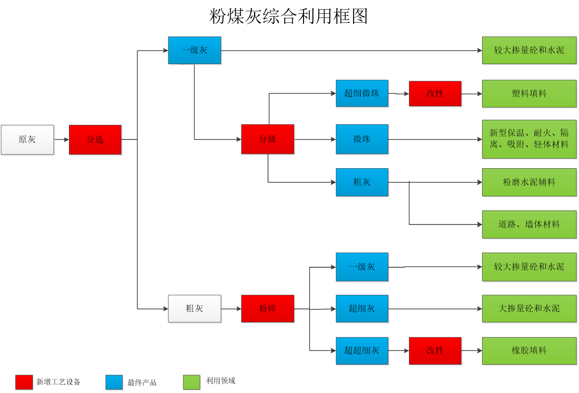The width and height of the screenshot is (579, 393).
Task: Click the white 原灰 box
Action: coord(27,140)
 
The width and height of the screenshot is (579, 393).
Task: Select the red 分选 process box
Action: coord(95,140)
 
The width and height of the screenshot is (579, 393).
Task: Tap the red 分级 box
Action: coord(268,139)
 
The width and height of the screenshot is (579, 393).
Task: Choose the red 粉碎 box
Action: coord(268,308)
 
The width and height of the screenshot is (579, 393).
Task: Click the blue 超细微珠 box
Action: coord(362,94)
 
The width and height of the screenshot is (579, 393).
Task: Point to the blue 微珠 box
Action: coord(362,139)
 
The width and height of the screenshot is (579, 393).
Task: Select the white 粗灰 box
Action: coord(195,308)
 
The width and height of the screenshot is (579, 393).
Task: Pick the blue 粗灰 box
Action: coord(362,182)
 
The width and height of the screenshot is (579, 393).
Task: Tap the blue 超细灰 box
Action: coord(362,308)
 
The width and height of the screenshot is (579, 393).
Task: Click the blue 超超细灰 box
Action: coord(362,351)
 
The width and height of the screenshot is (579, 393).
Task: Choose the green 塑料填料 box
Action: coord(529,94)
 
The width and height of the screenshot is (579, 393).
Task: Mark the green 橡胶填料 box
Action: coord(529,351)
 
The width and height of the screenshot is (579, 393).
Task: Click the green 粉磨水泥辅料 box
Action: coord(529,182)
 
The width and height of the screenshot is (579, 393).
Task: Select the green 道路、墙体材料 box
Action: coord(529,224)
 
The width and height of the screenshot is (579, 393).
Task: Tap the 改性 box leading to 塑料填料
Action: coord(435,94)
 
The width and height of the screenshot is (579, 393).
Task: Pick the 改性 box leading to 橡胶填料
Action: coord(435,351)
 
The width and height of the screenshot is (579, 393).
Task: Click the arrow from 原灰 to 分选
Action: coord(62,140)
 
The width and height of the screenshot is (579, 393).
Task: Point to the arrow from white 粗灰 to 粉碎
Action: coord(231,309)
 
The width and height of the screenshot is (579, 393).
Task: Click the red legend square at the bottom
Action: coord(24,382)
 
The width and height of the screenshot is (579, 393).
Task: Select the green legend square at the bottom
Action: coord(192,382)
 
